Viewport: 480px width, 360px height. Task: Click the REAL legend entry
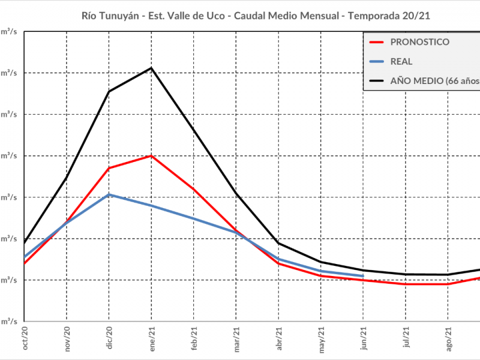click(401, 61)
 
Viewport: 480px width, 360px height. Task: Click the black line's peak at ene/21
click(152, 68)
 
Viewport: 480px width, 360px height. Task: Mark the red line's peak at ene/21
click(152, 156)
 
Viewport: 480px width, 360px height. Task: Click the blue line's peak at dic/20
click(109, 194)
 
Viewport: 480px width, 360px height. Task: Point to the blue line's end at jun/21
click(363, 276)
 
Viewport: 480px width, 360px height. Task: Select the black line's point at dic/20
click(109, 91)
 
